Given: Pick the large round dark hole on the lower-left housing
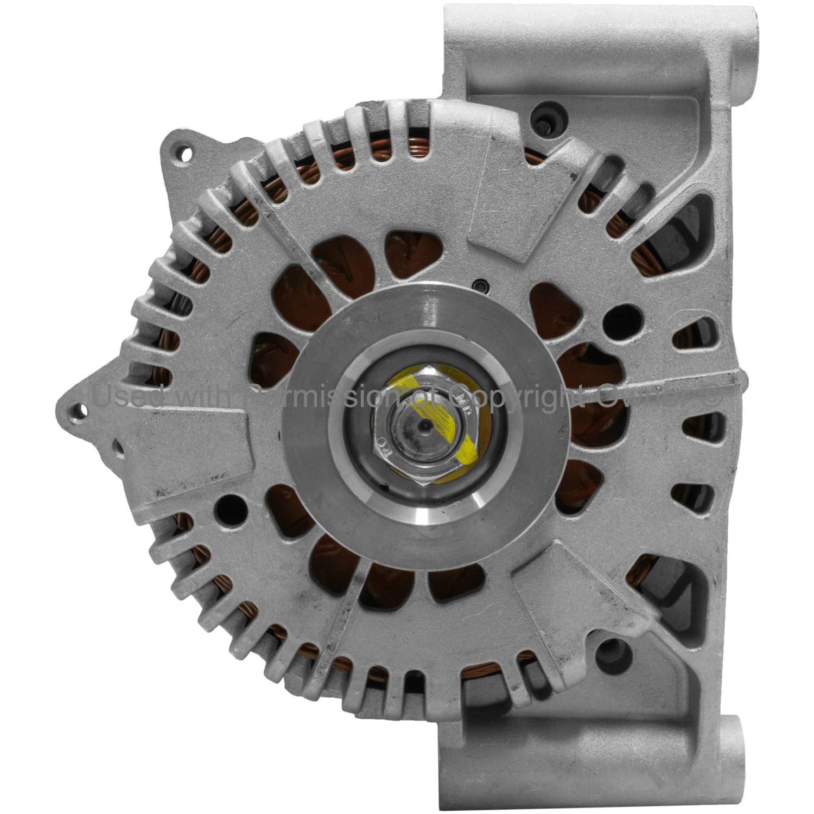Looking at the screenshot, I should click(x=231, y=510).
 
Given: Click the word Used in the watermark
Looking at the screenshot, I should click(x=128, y=395).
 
